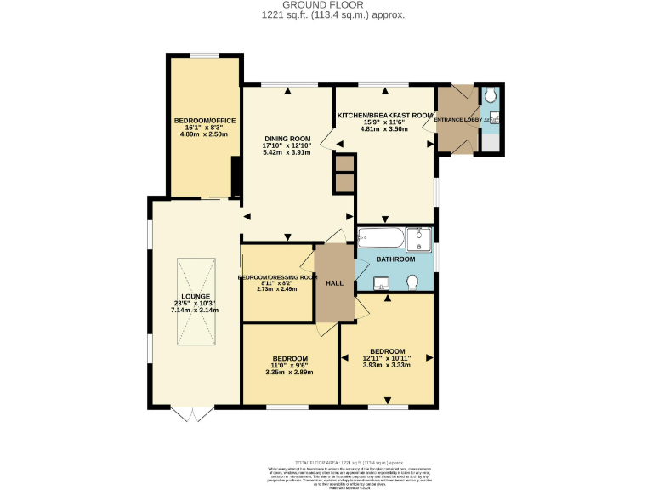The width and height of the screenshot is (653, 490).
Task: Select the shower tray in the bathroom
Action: click(419, 240)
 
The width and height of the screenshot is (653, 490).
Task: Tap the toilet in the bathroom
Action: click(412, 282)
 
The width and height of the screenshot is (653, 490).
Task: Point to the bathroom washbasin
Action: click(382, 283)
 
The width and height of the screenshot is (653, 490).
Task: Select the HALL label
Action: click(334, 283)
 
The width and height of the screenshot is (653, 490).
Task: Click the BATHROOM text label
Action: click(395, 259)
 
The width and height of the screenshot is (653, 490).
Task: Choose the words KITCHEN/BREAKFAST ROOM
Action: click(385, 114)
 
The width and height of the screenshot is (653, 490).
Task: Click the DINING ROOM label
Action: click(286, 139)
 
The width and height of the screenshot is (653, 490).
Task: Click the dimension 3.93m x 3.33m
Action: click(386, 366)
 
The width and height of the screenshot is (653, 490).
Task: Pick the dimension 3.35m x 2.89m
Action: click(290, 373)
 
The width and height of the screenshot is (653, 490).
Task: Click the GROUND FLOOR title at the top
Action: click(326, 5)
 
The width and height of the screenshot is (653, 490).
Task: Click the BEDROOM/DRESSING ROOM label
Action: click(277, 277)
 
